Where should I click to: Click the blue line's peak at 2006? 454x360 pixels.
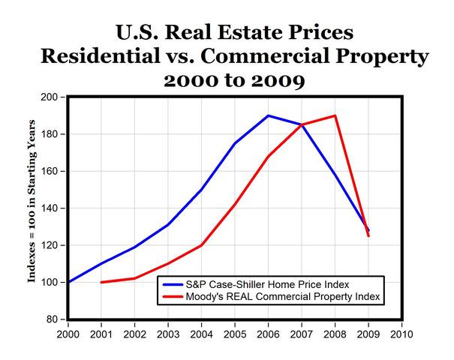[x=268, y=115]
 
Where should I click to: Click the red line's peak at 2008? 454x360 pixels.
[x=335, y=115]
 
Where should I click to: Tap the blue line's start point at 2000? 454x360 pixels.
[x=68, y=282]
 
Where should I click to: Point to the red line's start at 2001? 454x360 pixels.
[x=101, y=282]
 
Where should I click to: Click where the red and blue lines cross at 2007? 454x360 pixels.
[x=302, y=124]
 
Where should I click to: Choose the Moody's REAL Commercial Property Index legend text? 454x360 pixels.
[x=269, y=298]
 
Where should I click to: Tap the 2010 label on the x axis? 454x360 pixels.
[x=402, y=334]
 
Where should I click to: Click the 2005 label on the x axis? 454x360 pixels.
[x=235, y=334]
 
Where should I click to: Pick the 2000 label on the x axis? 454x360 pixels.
[x=68, y=334]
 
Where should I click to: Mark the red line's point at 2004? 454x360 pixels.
[x=201, y=245]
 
